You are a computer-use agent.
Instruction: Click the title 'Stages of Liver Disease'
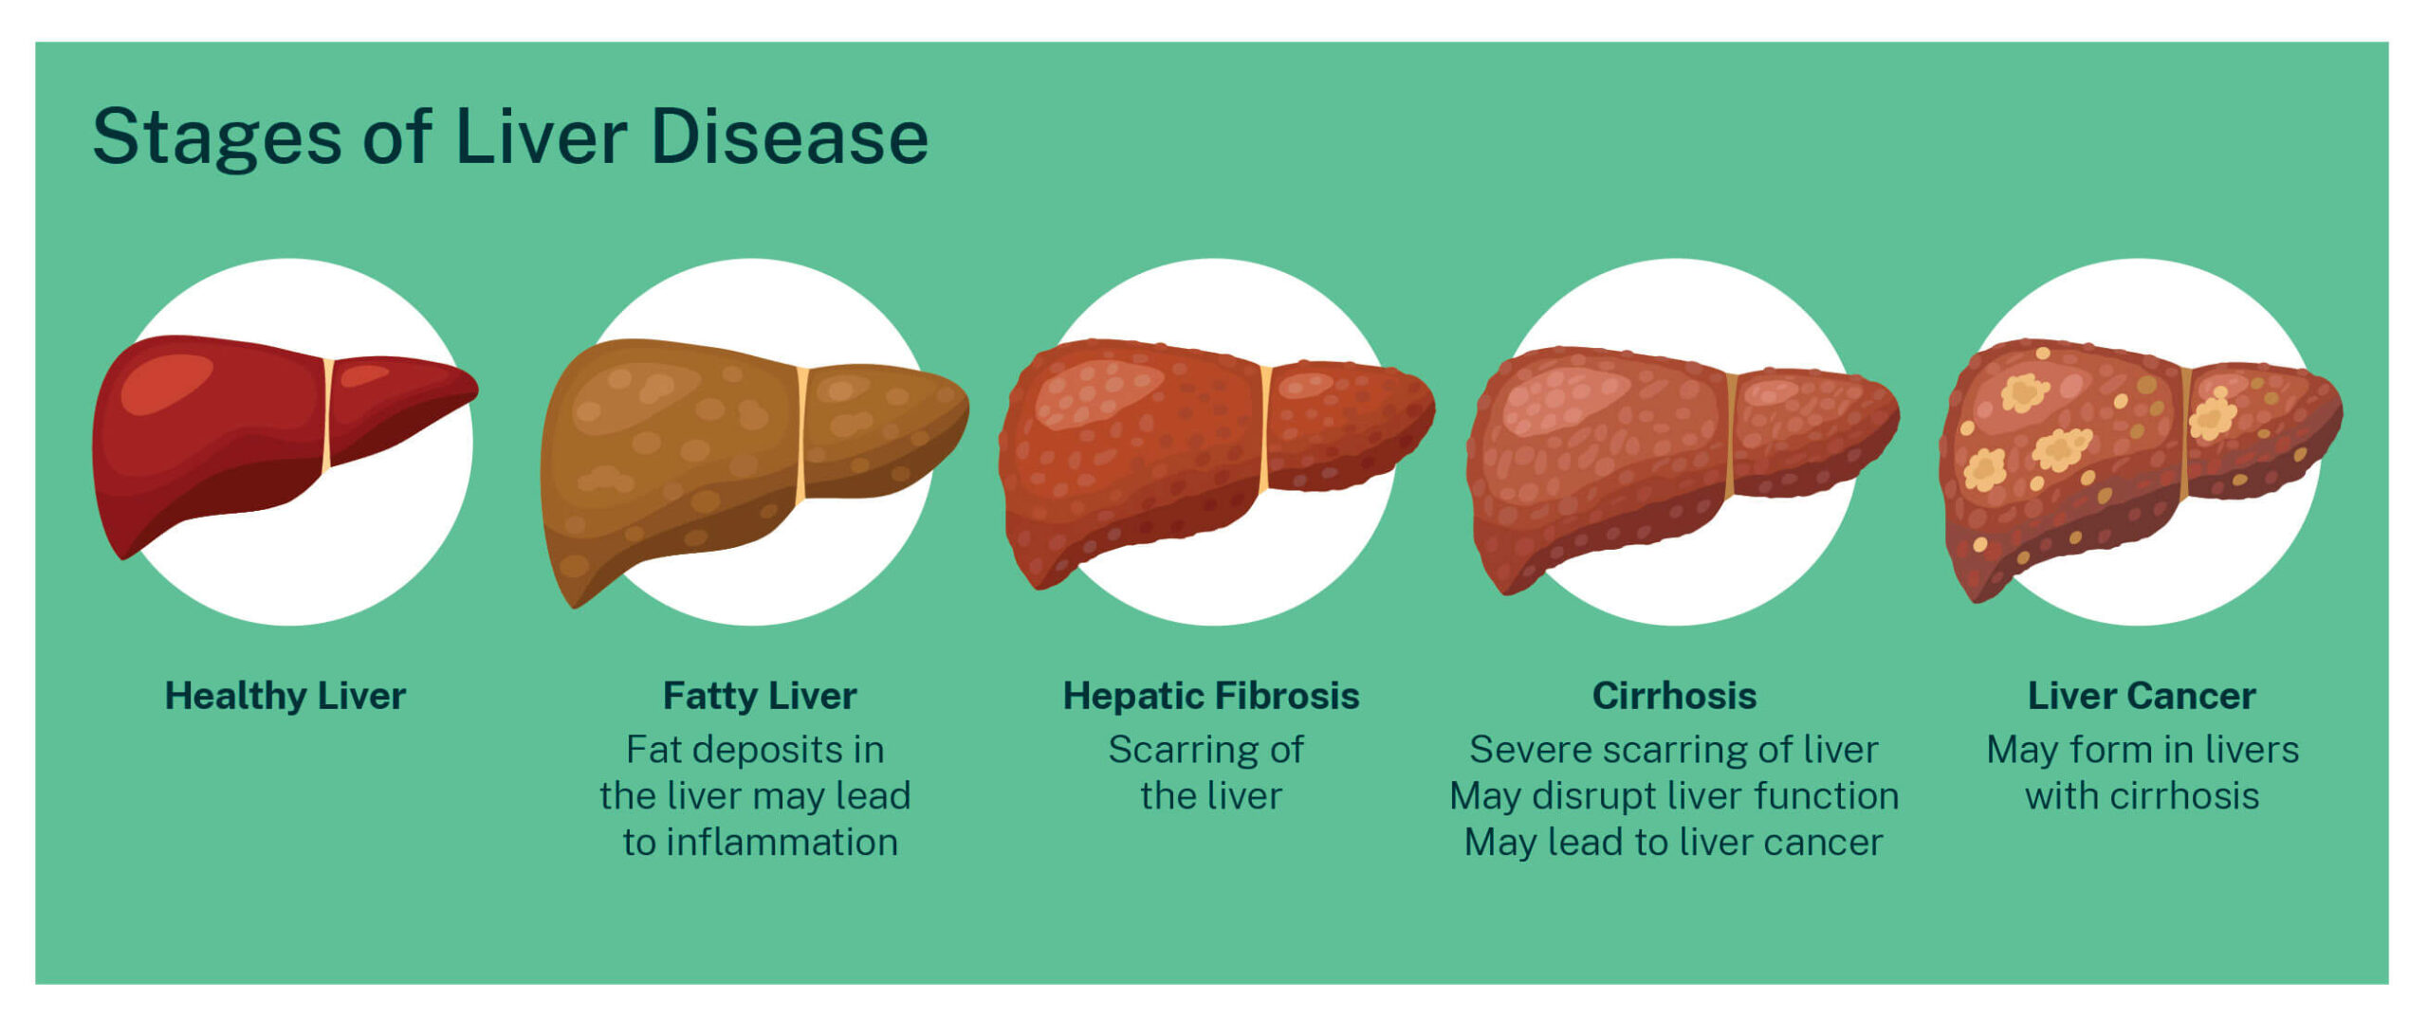click(x=510, y=137)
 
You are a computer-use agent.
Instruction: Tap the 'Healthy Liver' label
click(x=285, y=696)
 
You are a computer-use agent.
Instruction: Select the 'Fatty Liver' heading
click(x=759, y=696)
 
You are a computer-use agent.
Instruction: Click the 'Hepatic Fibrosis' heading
click(x=1211, y=696)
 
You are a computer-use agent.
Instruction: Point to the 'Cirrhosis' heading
click(x=1674, y=696)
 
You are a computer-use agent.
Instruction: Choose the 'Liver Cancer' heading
click(x=2141, y=696)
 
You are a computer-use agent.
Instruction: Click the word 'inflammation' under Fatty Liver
click(x=782, y=843)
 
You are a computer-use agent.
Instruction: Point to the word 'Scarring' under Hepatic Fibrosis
click(x=1173, y=750)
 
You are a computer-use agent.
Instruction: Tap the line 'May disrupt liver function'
click(x=1674, y=796)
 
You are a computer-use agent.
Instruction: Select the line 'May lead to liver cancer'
click(x=1674, y=843)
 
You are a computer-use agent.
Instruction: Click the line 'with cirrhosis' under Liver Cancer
click(x=2142, y=796)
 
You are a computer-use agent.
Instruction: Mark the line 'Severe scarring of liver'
click(x=1674, y=750)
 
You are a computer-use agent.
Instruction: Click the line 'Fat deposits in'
click(x=755, y=750)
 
